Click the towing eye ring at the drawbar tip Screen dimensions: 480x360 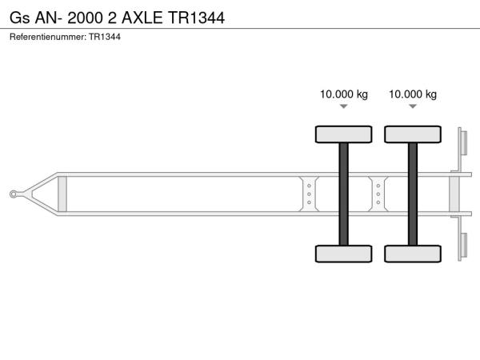point(13,194)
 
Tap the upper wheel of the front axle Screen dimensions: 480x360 point(343,134)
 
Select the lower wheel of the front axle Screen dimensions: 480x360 point(343,254)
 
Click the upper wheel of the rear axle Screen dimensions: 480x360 point(413,134)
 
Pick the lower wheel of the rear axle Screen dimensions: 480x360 point(413,254)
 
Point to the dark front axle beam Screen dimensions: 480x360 point(343,194)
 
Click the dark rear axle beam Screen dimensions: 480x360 point(413,194)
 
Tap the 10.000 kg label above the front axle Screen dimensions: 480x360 point(344,94)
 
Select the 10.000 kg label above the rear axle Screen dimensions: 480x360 point(413,94)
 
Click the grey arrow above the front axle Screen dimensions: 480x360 point(344,106)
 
